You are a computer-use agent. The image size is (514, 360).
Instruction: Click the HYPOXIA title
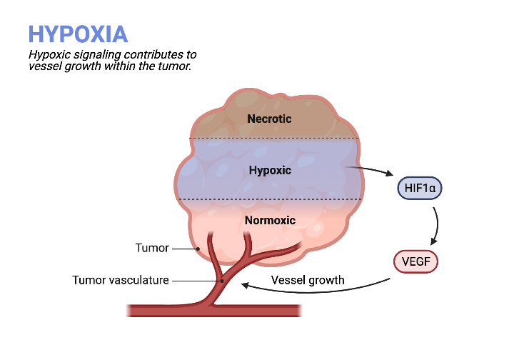pos(78,34)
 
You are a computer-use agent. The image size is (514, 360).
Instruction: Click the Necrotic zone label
pos(269,119)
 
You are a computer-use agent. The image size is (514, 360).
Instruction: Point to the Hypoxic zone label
pos(270,171)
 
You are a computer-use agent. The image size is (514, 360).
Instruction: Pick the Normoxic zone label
pos(270,220)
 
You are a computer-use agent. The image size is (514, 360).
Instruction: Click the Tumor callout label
pos(152,248)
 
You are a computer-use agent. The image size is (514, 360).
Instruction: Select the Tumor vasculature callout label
pos(121,280)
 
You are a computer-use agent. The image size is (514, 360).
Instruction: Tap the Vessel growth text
pos(308,279)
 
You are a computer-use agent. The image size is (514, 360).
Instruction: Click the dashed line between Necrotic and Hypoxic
pos(273,139)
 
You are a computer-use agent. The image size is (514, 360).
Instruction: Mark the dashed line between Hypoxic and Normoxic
pos(273,199)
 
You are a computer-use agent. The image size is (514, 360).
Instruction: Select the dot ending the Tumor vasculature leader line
pos(223,281)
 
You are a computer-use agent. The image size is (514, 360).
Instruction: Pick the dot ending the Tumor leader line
pos(198,249)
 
